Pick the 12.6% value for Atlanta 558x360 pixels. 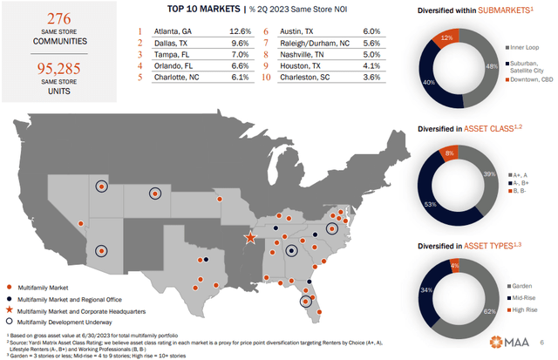pos(240,32)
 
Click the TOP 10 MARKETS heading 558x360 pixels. pos(198,10)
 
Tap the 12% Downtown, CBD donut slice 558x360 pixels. pos(449,38)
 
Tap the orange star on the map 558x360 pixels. pos(250,237)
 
